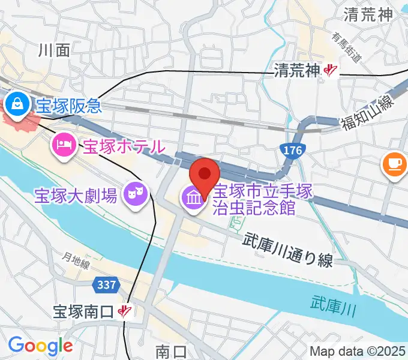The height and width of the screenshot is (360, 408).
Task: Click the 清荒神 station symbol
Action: (331, 71)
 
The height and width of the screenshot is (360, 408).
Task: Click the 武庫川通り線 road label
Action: (288, 250)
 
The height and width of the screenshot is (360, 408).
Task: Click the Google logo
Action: (40, 345)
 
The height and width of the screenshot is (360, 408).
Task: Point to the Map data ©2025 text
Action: (357, 350)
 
